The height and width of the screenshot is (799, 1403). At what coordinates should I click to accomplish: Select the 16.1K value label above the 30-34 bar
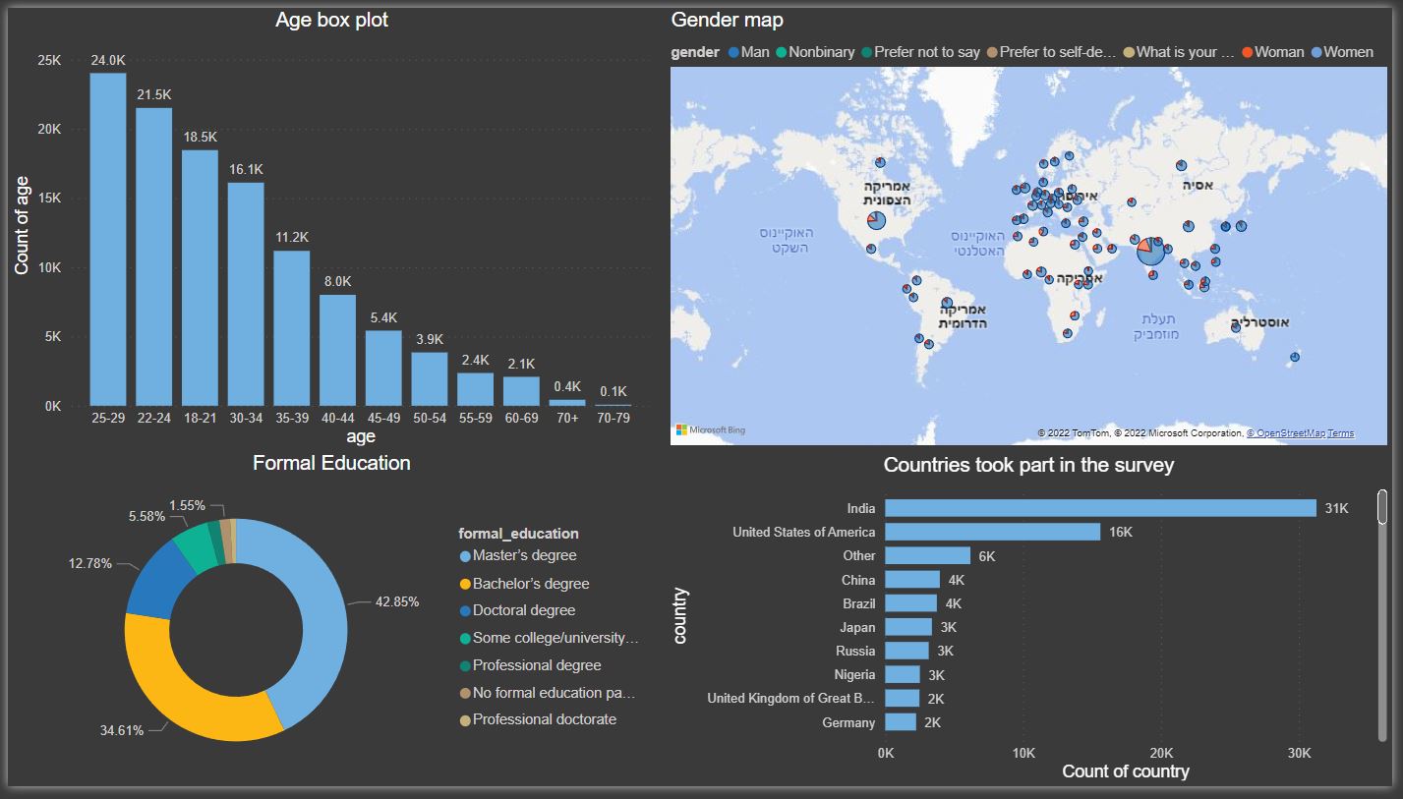(246, 170)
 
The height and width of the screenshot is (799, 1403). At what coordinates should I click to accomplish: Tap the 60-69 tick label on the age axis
(521, 418)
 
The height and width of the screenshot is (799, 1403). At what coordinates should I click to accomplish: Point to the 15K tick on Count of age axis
(48, 199)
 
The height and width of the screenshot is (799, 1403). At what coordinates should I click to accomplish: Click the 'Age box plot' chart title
(331, 21)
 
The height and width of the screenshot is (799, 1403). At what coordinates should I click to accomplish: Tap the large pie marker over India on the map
(1150, 250)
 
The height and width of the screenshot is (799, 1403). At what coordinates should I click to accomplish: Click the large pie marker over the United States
(876, 221)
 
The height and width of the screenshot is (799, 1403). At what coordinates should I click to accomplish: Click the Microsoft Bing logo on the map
(710, 430)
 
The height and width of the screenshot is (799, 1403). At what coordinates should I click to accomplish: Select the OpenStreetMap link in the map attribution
(1290, 433)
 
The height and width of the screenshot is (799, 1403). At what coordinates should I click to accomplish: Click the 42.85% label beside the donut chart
(397, 601)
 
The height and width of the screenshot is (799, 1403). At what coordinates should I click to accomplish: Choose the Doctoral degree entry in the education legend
(523, 610)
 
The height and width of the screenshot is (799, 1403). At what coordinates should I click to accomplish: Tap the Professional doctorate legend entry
(544, 719)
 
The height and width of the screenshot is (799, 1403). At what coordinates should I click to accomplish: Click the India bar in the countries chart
(1099, 508)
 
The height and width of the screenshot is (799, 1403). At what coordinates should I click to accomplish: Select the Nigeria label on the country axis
(853, 675)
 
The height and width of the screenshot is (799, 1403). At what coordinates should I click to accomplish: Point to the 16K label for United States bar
(1121, 532)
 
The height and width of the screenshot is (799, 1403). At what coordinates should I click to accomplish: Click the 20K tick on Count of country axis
(1161, 753)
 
